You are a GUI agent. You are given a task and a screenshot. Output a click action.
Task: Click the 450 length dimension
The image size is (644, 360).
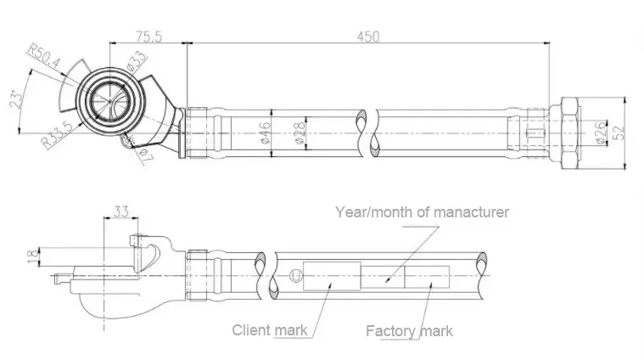tap(368, 36)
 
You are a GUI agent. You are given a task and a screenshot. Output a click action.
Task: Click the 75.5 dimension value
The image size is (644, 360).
tap(149, 36)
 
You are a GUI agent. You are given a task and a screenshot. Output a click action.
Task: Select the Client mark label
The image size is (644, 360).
tap(270, 329)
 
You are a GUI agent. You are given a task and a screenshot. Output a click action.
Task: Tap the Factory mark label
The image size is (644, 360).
tap(408, 330)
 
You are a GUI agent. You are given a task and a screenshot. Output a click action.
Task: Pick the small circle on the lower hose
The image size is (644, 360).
tap(294, 274)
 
